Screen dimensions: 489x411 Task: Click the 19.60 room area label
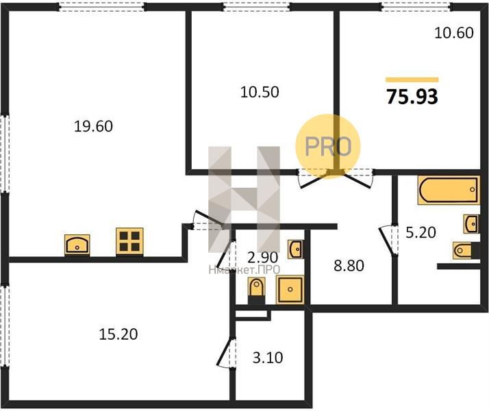click(94, 127)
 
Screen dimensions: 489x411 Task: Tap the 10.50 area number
click(260, 92)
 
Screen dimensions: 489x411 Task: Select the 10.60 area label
click(454, 33)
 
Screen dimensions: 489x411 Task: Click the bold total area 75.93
click(412, 97)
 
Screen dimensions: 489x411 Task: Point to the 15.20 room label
click(118, 334)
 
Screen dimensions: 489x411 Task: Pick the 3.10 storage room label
click(268, 358)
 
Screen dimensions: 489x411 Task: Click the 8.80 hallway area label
click(349, 266)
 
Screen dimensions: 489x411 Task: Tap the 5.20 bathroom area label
click(421, 233)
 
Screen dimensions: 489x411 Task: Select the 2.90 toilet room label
click(262, 258)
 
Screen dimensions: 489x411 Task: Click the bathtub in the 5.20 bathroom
click(449, 190)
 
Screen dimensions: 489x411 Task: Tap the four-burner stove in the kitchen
click(129, 242)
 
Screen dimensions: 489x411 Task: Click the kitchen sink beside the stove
click(77, 245)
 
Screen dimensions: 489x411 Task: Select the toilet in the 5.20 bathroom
click(466, 251)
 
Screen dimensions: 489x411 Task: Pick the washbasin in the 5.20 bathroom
click(471, 223)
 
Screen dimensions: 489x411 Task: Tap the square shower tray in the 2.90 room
click(290, 290)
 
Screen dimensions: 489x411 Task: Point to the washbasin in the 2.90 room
click(295, 249)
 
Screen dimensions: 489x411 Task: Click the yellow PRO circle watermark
click(328, 147)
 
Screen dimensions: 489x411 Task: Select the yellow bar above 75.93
click(412, 80)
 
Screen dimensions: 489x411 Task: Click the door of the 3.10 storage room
click(225, 352)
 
